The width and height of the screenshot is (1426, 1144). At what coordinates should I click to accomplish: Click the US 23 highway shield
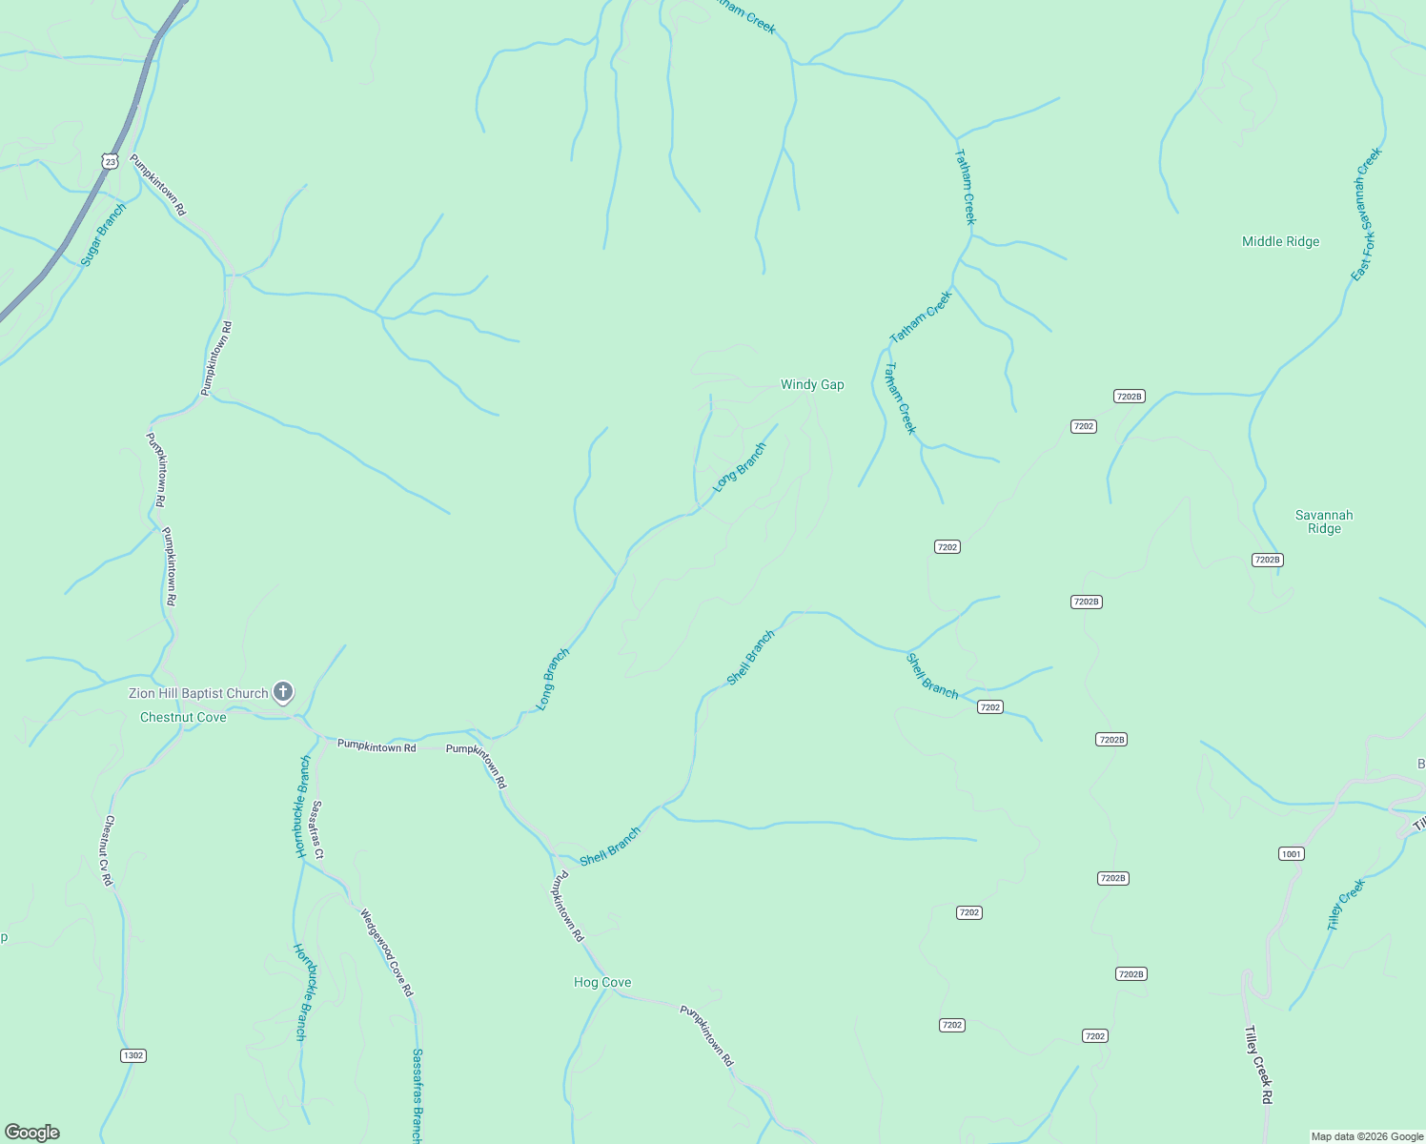111,162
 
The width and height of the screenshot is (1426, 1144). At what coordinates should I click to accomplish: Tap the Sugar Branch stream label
103,235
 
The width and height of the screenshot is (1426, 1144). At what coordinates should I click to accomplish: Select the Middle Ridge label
1280,242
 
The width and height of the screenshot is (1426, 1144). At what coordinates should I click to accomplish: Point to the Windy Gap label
812,385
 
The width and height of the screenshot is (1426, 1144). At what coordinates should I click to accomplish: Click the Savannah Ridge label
1324,521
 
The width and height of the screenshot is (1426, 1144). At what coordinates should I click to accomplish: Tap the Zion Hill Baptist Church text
198,693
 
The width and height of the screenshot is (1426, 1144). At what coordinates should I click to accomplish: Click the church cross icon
282,691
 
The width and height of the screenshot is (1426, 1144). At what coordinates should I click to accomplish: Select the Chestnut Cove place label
183,717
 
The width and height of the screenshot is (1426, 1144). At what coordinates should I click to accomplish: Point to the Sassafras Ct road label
317,828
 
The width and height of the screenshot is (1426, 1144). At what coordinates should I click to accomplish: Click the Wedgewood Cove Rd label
387,952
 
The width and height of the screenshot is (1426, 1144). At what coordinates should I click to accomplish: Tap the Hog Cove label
602,982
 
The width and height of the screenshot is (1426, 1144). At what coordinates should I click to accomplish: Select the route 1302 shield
133,1055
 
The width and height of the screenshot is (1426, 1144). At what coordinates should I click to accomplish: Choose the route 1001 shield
1291,853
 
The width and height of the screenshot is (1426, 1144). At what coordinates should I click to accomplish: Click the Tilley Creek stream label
1346,905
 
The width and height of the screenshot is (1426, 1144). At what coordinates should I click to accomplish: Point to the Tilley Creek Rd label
1258,1065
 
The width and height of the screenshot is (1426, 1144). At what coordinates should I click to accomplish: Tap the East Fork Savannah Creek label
1366,214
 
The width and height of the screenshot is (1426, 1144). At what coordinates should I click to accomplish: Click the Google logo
32,1133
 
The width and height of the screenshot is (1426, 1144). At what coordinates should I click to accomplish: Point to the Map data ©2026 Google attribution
1367,1136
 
